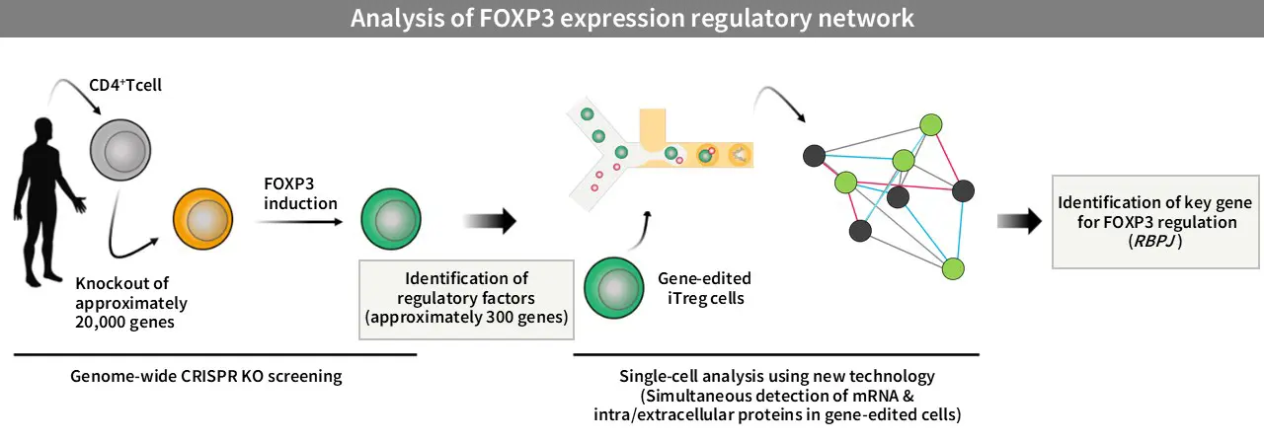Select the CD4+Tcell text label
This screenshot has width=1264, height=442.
tap(132, 86)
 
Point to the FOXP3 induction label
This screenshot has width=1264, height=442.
tap(301, 193)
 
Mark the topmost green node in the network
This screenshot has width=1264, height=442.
tap(930, 124)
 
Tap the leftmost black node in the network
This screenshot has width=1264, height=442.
tap(815, 155)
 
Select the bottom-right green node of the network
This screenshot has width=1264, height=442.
tap(953, 268)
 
